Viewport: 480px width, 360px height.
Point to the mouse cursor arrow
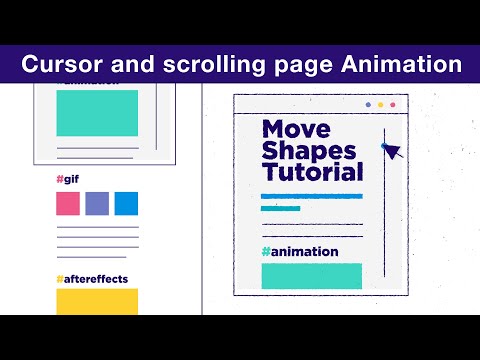point(390,151)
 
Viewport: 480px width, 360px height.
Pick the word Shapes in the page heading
point(309,151)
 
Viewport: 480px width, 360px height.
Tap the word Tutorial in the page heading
point(313,173)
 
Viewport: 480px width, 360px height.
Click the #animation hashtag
point(300,252)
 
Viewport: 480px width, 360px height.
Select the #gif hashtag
point(68,180)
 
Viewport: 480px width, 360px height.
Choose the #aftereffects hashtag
point(92,279)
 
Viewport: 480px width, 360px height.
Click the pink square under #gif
point(68,204)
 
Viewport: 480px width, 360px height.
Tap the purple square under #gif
point(97,204)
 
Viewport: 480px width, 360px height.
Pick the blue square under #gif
point(126,204)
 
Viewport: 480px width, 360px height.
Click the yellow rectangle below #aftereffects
point(97,301)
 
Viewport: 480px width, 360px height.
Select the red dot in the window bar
point(392,105)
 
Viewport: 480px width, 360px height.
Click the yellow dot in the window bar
point(380,105)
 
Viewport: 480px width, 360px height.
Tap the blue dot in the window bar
point(368,105)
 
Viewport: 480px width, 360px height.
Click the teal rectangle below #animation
point(312,276)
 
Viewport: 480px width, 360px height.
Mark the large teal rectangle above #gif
point(97,113)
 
